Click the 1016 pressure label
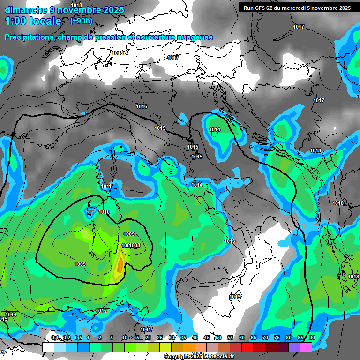coord(142,107)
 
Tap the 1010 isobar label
coord(104,212)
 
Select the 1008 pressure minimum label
coord(135,246)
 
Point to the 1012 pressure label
coord(101,311)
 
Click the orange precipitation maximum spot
coord(120,265)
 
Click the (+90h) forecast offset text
coord(81,21)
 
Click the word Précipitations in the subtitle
coord(30,37)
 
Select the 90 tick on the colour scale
coord(312,338)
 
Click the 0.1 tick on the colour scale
coord(54,338)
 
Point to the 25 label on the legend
coord(160,338)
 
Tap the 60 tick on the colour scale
coord(242,338)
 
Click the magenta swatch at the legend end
coord(306,347)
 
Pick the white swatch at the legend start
coord(48,347)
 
